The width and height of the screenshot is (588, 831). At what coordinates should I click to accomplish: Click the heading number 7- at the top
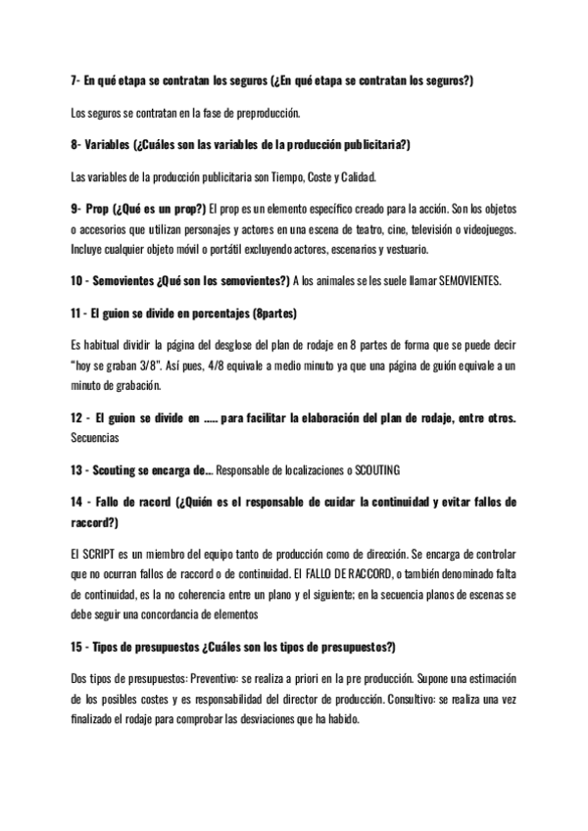click(x=77, y=80)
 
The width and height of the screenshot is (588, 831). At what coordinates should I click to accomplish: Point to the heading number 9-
click(x=77, y=211)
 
